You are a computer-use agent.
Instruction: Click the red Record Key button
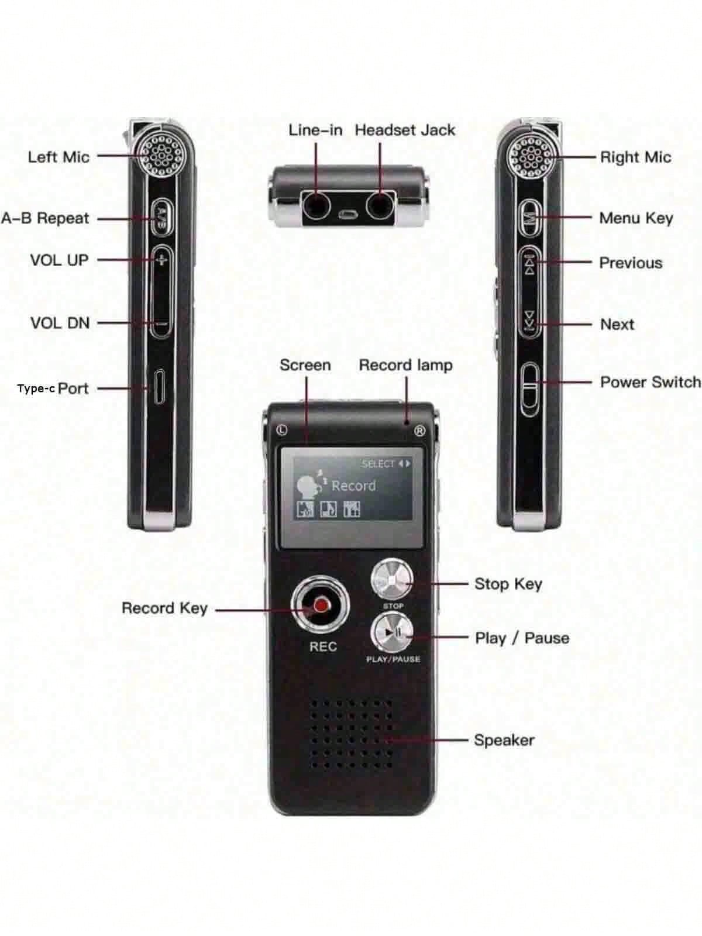pyautogui.click(x=321, y=604)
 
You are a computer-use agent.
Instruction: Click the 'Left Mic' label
pyautogui.click(x=58, y=157)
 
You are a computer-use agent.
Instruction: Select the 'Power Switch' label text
pyautogui.click(x=650, y=382)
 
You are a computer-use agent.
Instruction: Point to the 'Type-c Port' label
pyautogui.click(x=53, y=388)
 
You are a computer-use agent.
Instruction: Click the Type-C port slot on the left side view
pyautogui.click(x=159, y=386)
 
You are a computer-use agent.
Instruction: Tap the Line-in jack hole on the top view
pyautogui.click(x=316, y=205)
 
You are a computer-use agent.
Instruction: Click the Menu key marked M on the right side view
pyautogui.click(x=530, y=218)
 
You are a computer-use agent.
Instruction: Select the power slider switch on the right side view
pyautogui.click(x=530, y=388)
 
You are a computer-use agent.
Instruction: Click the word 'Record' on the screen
pyautogui.click(x=353, y=486)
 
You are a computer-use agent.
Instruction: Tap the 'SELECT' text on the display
pyautogui.click(x=378, y=464)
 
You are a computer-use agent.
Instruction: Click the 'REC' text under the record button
pyautogui.click(x=323, y=646)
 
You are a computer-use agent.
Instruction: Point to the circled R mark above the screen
pyautogui.click(x=419, y=431)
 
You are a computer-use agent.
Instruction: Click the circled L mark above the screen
pyautogui.click(x=283, y=431)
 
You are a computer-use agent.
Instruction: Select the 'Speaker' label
pyautogui.click(x=504, y=740)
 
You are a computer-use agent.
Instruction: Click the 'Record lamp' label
pyautogui.click(x=405, y=365)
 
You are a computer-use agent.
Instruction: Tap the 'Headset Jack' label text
pyautogui.click(x=405, y=130)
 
